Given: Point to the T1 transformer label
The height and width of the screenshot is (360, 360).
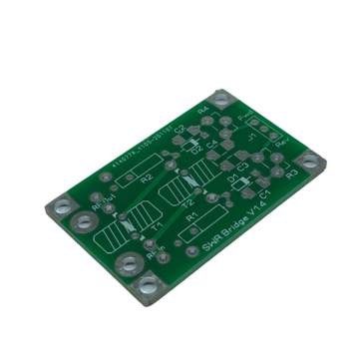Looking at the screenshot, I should pos(157,228).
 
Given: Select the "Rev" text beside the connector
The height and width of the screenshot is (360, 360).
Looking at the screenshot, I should pos(280,146).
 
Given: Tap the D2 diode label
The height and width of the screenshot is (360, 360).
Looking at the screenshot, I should pos(197,149).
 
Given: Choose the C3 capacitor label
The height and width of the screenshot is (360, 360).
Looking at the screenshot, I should pos(242,167).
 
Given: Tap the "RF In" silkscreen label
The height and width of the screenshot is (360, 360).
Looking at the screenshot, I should pos(155,257).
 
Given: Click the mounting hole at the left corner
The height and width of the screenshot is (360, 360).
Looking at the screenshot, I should pos(62,208).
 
